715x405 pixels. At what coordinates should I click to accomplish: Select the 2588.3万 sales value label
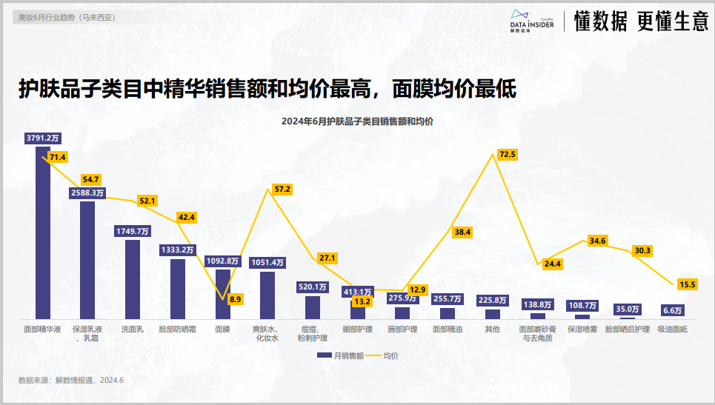(87, 193)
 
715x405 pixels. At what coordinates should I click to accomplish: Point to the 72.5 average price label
(508, 155)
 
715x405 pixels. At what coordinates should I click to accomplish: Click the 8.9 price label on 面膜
(235, 299)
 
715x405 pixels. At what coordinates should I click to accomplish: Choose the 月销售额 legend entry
(340, 355)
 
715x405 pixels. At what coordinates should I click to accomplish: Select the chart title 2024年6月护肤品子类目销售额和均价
(358, 121)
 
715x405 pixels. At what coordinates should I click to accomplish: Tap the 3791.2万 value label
(43, 138)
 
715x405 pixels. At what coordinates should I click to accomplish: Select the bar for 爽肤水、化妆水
(267, 295)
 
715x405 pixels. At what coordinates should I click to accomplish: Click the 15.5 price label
(688, 284)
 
